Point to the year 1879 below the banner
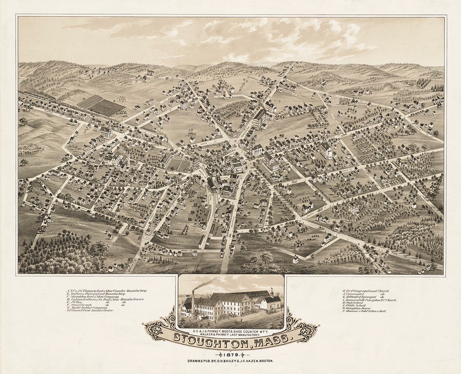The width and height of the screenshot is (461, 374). click(x=231, y=353)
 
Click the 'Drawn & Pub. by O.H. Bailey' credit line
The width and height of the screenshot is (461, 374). click(x=231, y=361)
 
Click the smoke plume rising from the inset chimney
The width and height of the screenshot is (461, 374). click(x=206, y=284)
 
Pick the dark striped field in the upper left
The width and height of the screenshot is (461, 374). click(x=102, y=106)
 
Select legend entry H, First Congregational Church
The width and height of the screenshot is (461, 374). click(x=363, y=290)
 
